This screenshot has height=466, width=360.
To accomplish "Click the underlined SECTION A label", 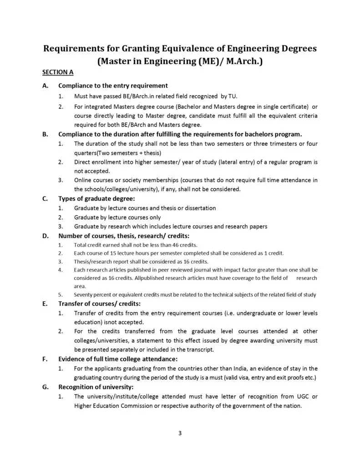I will (58, 72).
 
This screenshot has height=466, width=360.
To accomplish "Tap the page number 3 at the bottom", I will (180, 433).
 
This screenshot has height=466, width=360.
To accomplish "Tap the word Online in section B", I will (83, 180).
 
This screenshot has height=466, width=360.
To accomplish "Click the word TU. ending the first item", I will (232, 96).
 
